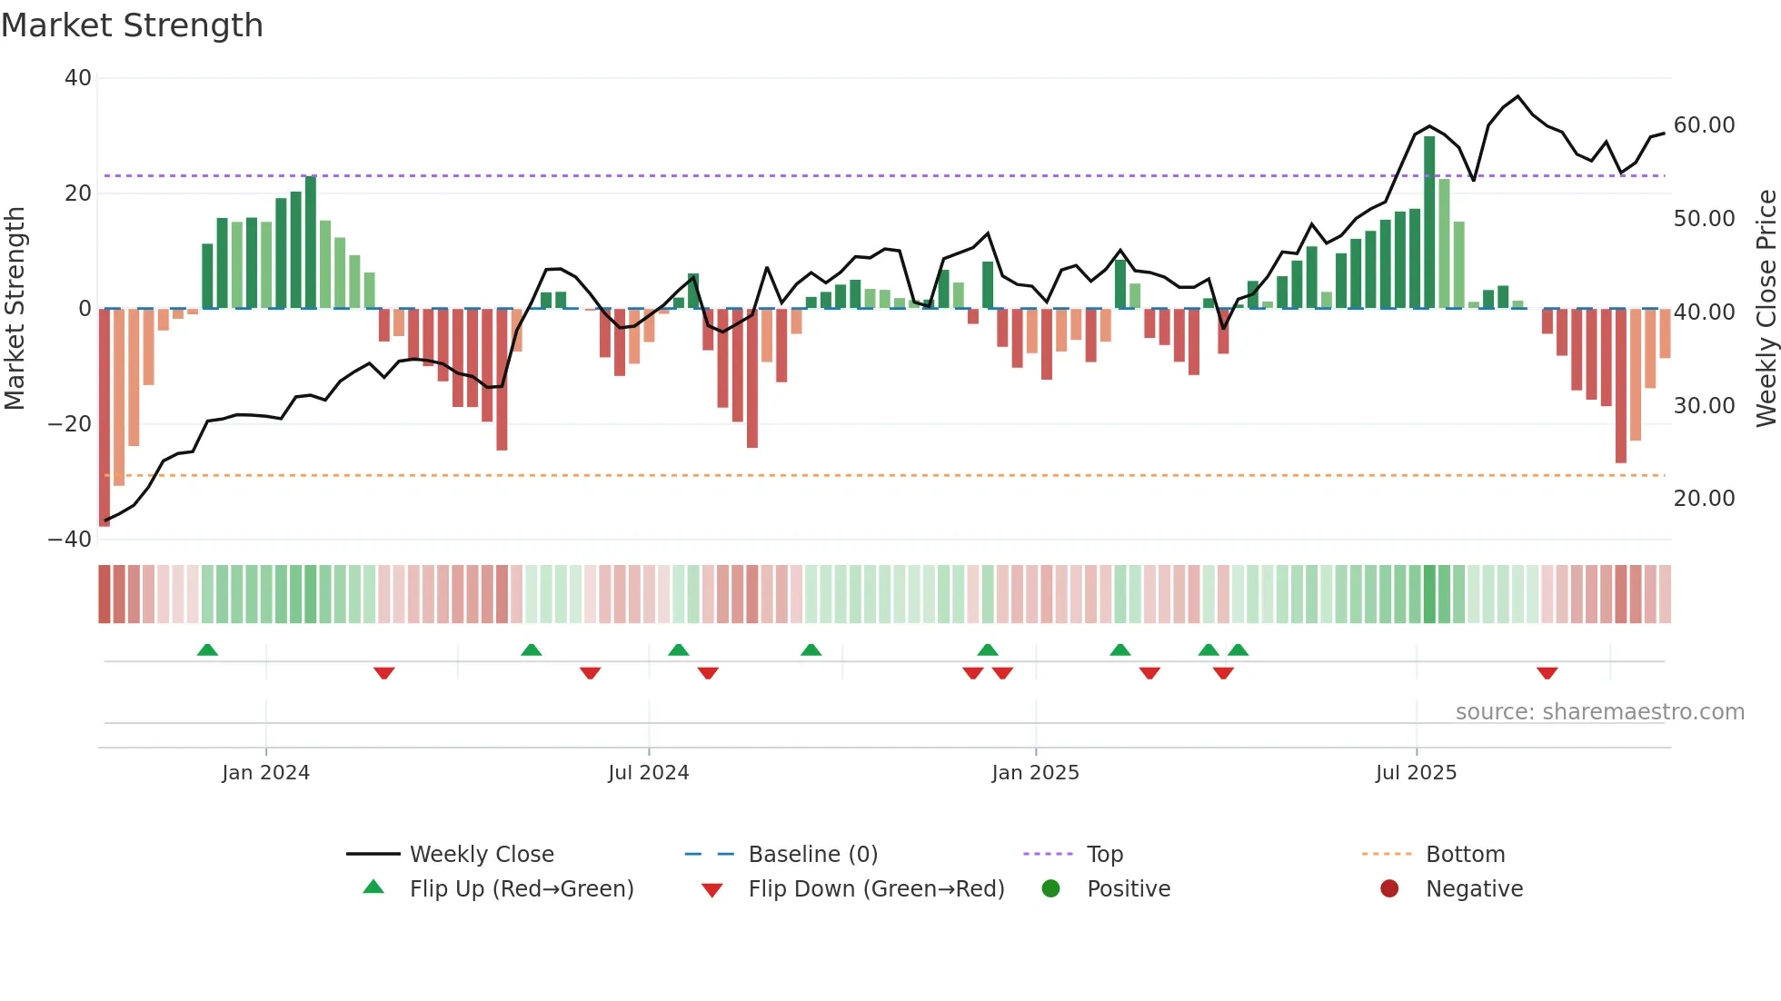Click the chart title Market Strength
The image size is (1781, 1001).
coord(132,25)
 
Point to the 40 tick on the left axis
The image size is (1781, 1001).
coord(78,78)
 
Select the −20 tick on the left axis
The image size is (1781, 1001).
coord(70,424)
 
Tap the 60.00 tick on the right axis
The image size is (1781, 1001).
coord(1704,125)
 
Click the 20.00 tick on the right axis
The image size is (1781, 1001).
coord(1704,499)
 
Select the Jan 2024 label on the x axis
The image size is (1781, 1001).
coord(265,773)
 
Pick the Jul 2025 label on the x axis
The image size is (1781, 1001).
coord(1416,773)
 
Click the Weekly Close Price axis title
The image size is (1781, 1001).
coord(1766,309)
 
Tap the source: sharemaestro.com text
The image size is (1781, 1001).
coord(1599,712)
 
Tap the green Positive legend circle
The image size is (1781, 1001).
coord(1050,889)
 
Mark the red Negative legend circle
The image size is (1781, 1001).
coord(1389,889)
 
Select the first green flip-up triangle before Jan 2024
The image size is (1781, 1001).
coord(207,649)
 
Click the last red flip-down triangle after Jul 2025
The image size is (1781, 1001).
coord(1547,673)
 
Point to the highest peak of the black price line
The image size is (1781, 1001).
coord(1517,96)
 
